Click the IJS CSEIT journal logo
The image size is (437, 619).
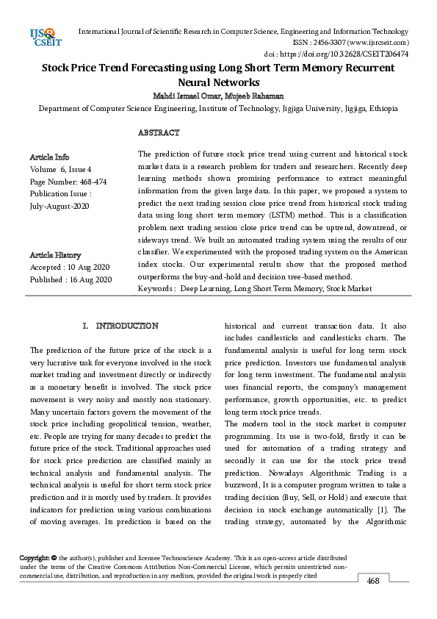point(46,35)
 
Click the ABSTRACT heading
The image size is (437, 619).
point(159,132)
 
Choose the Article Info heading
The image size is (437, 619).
point(49,157)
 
